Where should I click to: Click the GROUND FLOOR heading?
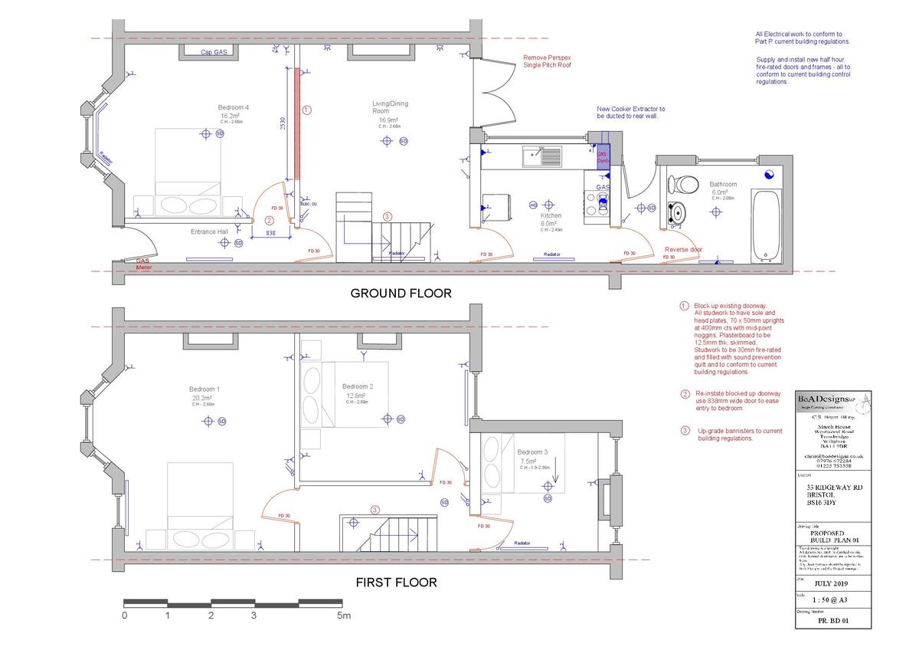[x=401, y=293]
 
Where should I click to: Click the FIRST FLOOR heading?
[x=396, y=583]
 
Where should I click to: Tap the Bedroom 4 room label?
[x=233, y=107]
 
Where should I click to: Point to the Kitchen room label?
[x=551, y=216]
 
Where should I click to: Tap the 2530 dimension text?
[x=283, y=126]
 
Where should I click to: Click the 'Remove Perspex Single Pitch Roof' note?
[x=547, y=61]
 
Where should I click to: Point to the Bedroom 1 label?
[x=206, y=389]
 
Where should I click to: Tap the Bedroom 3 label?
[x=532, y=451]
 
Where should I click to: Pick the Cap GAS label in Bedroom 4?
[x=214, y=53]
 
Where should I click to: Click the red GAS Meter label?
[x=144, y=264]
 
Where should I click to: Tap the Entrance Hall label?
[x=210, y=231]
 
